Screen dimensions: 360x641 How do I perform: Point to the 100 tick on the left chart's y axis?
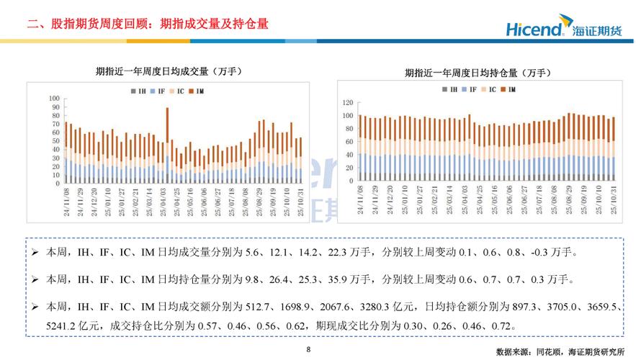(x=54, y=98)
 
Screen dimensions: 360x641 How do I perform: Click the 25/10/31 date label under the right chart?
(x=614, y=195)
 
